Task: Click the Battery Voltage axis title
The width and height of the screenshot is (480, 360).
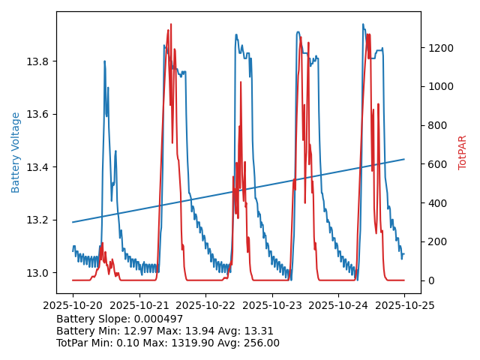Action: pos(16,152)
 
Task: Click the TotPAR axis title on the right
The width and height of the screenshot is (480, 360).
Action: pos(462,152)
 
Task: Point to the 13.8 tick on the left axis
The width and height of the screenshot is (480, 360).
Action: pos(40,61)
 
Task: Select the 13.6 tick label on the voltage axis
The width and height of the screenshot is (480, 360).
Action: pos(40,114)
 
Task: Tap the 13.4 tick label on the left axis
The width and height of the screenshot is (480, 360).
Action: pos(40,166)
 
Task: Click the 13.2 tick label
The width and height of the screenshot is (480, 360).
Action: pos(40,220)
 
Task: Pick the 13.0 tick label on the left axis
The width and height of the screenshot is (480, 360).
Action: pos(40,272)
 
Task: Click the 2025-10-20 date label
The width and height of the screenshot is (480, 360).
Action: pos(73,305)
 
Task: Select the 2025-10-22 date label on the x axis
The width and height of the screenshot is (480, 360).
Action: pos(205,305)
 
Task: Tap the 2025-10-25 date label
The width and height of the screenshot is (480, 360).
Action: pos(404,305)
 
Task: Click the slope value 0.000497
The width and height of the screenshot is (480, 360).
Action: pos(150,319)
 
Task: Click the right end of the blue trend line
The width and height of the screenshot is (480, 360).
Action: pos(404,159)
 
